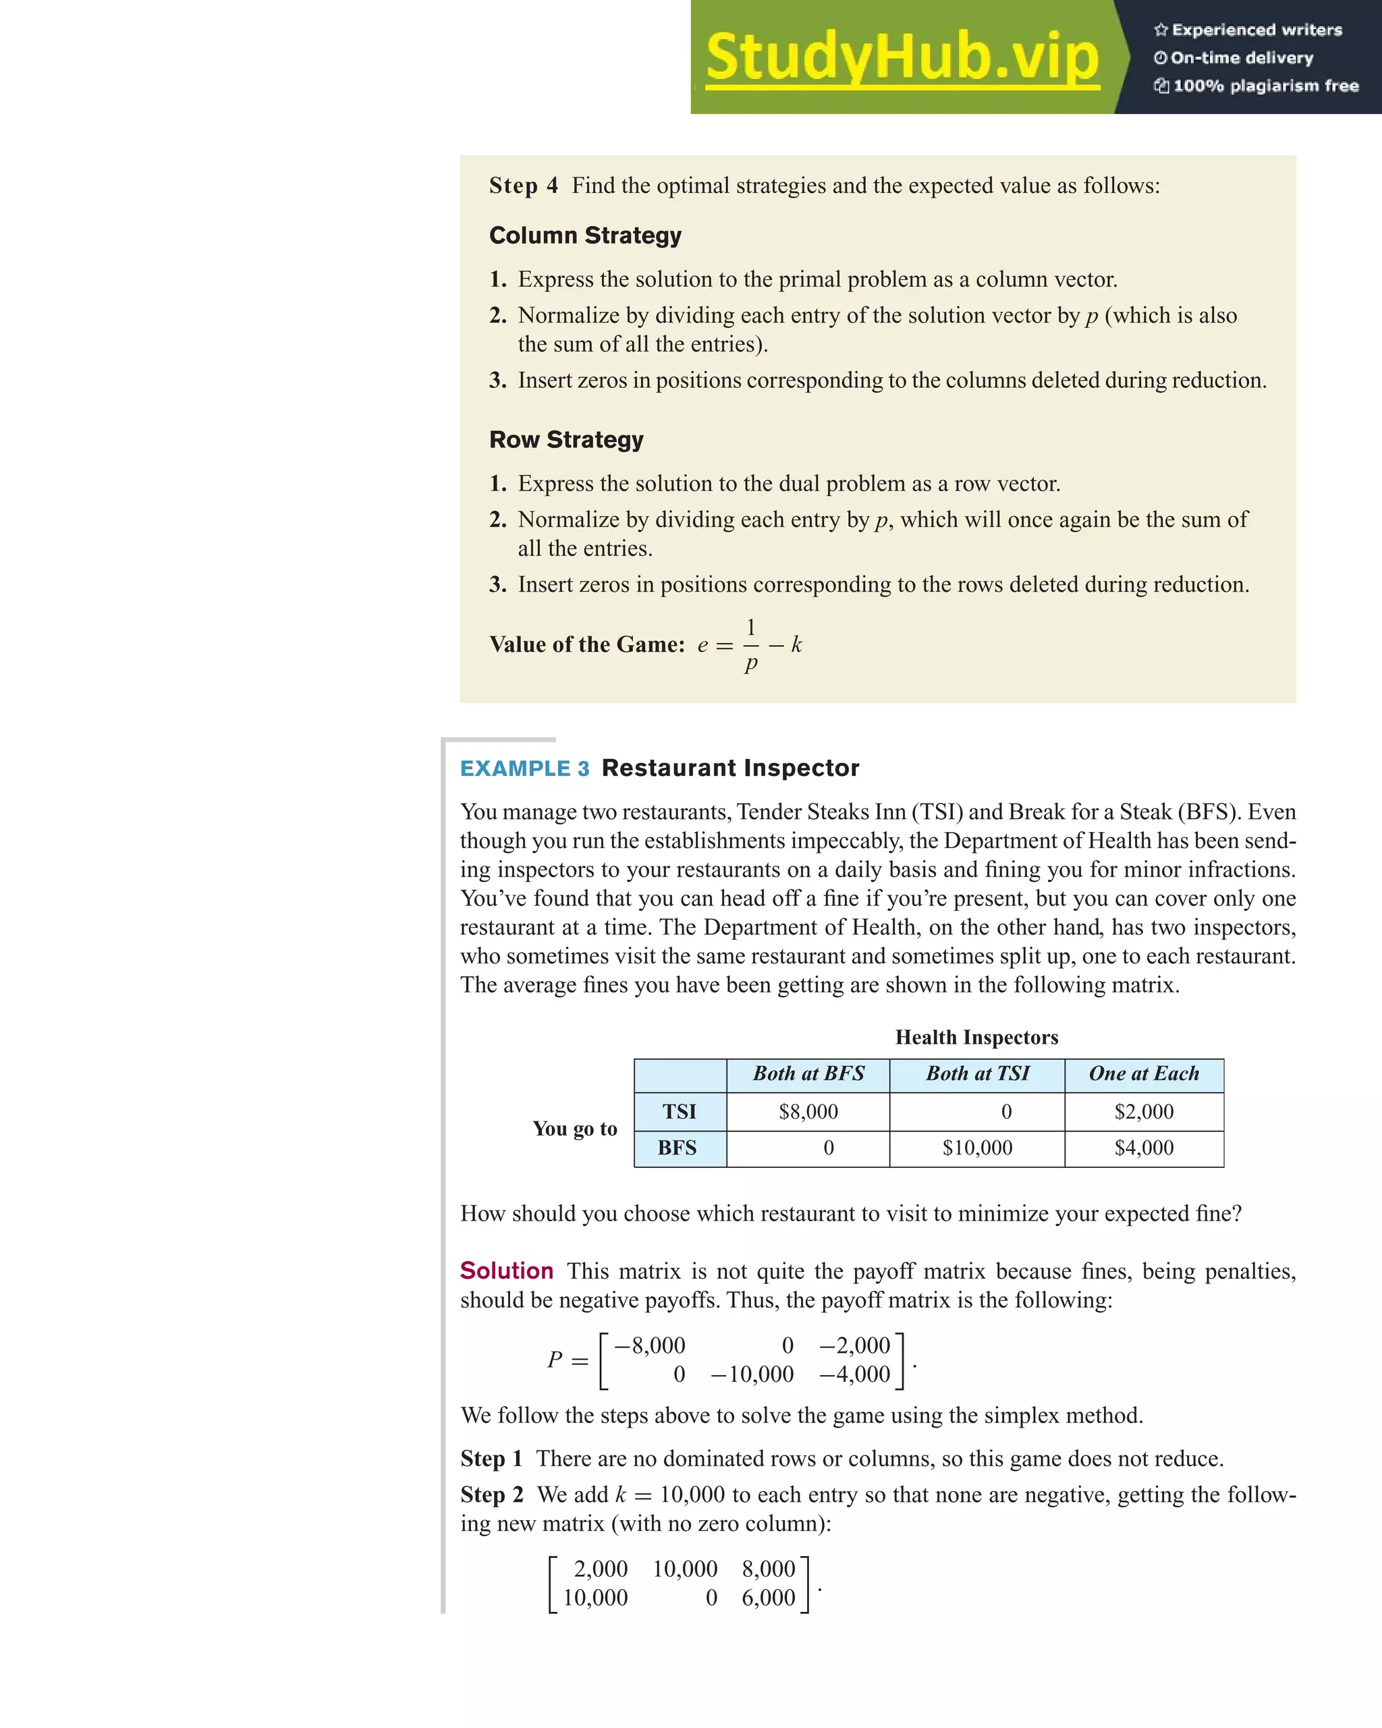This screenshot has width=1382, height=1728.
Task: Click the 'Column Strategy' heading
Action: (x=585, y=235)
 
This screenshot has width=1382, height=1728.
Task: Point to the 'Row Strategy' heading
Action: (x=566, y=439)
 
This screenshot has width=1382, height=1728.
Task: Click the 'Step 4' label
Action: (x=524, y=186)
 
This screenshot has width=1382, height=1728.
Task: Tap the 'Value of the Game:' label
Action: (x=587, y=644)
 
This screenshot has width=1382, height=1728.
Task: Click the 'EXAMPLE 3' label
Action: (x=524, y=768)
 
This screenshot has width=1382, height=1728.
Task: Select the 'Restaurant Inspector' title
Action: (x=730, y=768)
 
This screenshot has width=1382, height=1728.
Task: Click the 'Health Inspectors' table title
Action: (x=976, y=1037)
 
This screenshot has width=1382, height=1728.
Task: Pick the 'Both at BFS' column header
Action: (x=808, y=1074)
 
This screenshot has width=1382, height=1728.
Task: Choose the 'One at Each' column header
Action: (x=1144, y=1074)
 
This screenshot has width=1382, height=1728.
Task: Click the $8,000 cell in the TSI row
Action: (x=808, y=1112)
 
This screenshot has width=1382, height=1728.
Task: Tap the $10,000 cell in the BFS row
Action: (x=977, y=1148)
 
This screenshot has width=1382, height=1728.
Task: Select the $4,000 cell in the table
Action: (x=1144, y=1148)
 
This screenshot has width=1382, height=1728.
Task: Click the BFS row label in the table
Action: (x=678, y=1148)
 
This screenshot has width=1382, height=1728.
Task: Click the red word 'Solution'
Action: (x=507, y=1271)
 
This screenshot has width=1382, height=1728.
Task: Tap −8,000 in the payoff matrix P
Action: (x=649, y=1345)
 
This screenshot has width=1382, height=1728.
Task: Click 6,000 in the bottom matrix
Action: (x=768, y=1597)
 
